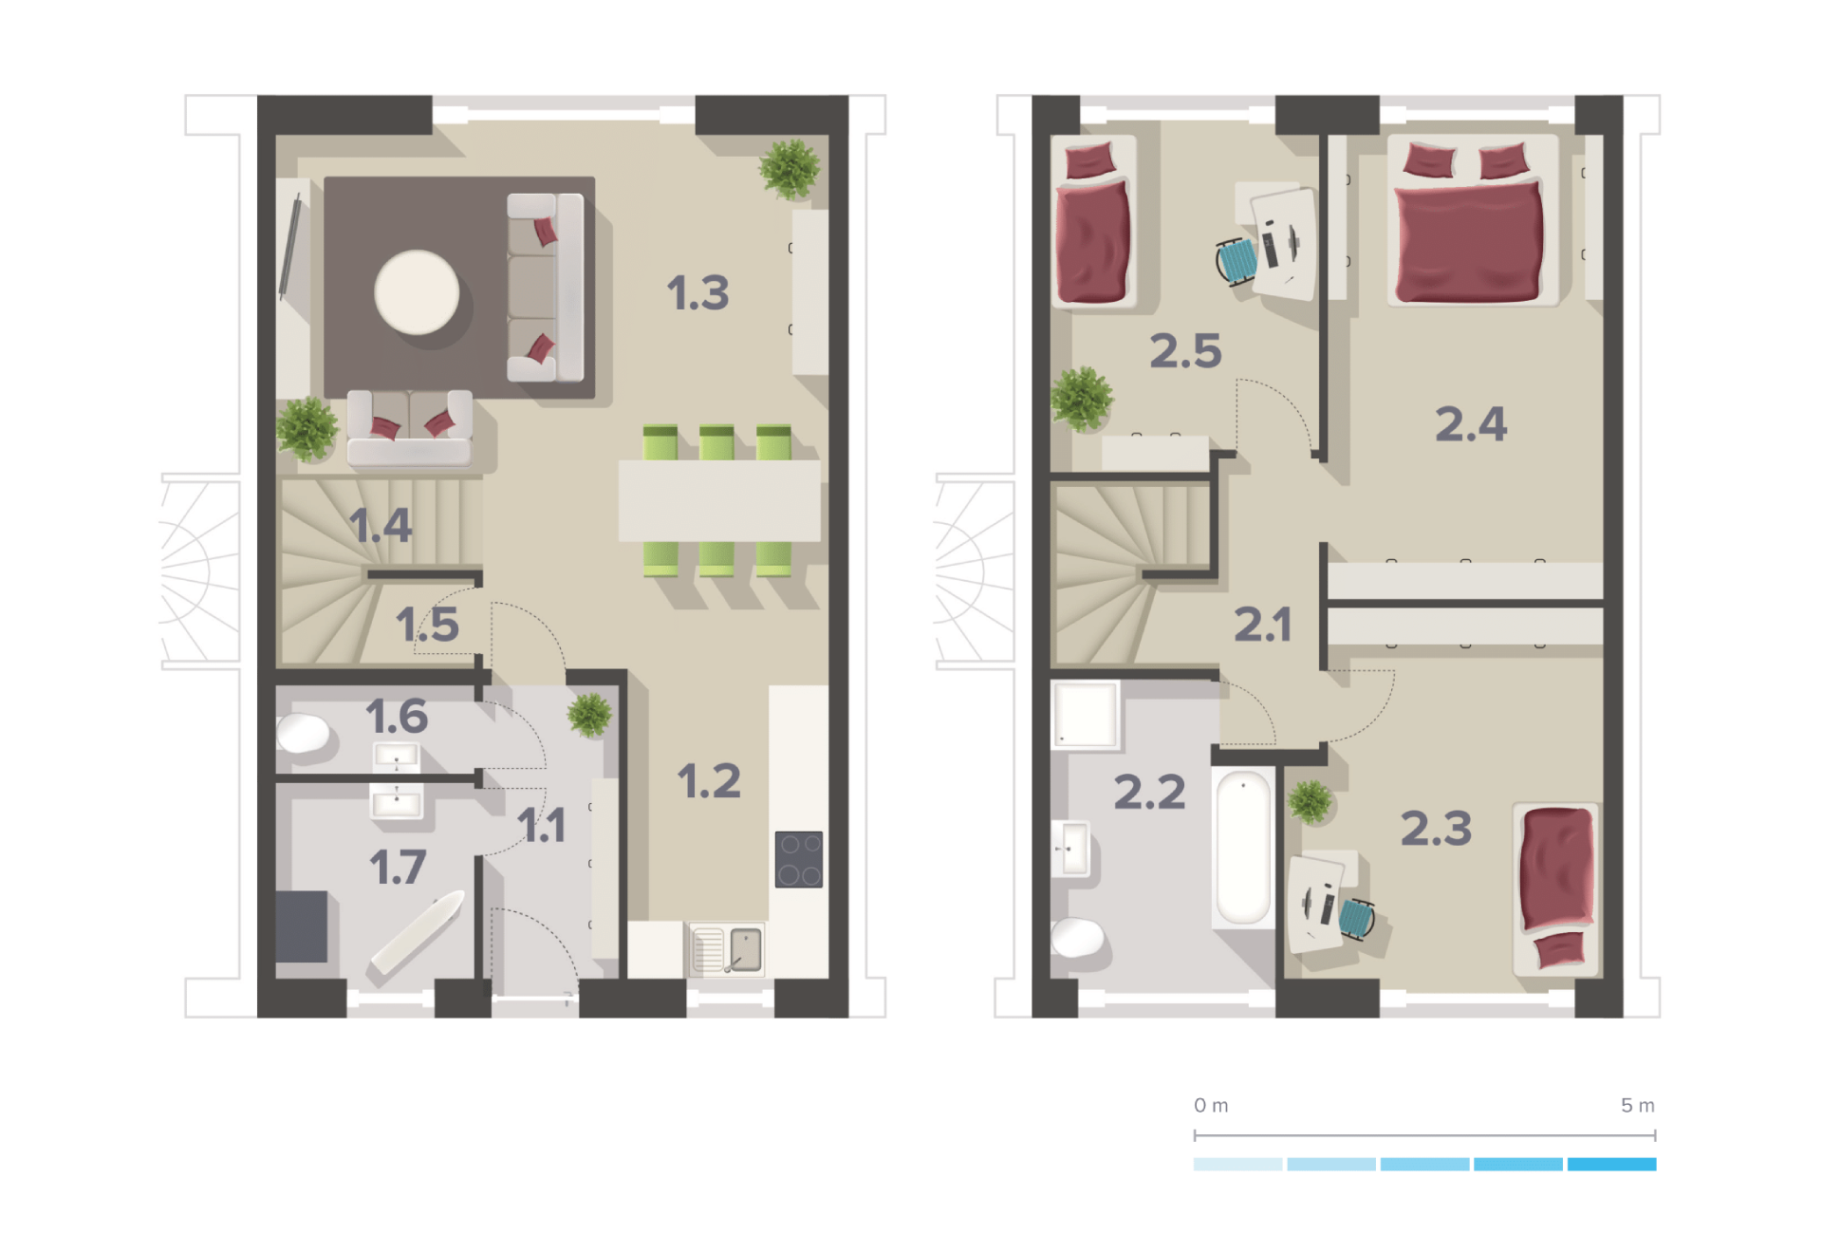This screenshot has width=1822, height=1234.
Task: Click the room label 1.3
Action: [x=697, y=292]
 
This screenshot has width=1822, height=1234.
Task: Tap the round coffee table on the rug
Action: [x=417, y=292]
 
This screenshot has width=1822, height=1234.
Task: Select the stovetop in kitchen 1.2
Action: [x=799, y=859]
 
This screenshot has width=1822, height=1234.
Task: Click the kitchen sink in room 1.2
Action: [x=727, y=949]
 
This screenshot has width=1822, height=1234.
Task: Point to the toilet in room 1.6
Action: [x=303, y=733]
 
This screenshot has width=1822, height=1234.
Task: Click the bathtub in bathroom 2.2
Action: [x=1243, y=848]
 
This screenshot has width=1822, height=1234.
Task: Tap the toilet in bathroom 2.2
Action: [x=1078, y=938]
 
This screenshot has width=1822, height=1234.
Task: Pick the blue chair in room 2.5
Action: [x=1236, y=260]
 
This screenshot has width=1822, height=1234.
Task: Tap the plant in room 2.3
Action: [x=1311, y=801]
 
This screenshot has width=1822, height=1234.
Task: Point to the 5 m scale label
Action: [x=1638, y=1105]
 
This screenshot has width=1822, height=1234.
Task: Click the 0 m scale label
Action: [x=1211, y=1105]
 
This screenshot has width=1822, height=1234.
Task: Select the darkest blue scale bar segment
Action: [x=1611, y=1164]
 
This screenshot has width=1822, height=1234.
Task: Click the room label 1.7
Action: [x=398, y=868]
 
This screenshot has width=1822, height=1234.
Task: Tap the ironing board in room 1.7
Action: [x=418, y=932]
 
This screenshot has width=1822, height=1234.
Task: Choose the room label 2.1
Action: [x=1262, y=625]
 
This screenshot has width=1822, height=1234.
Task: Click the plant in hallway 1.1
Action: [x=589, y=715]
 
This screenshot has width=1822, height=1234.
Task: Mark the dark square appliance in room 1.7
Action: [x=302, y=926]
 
